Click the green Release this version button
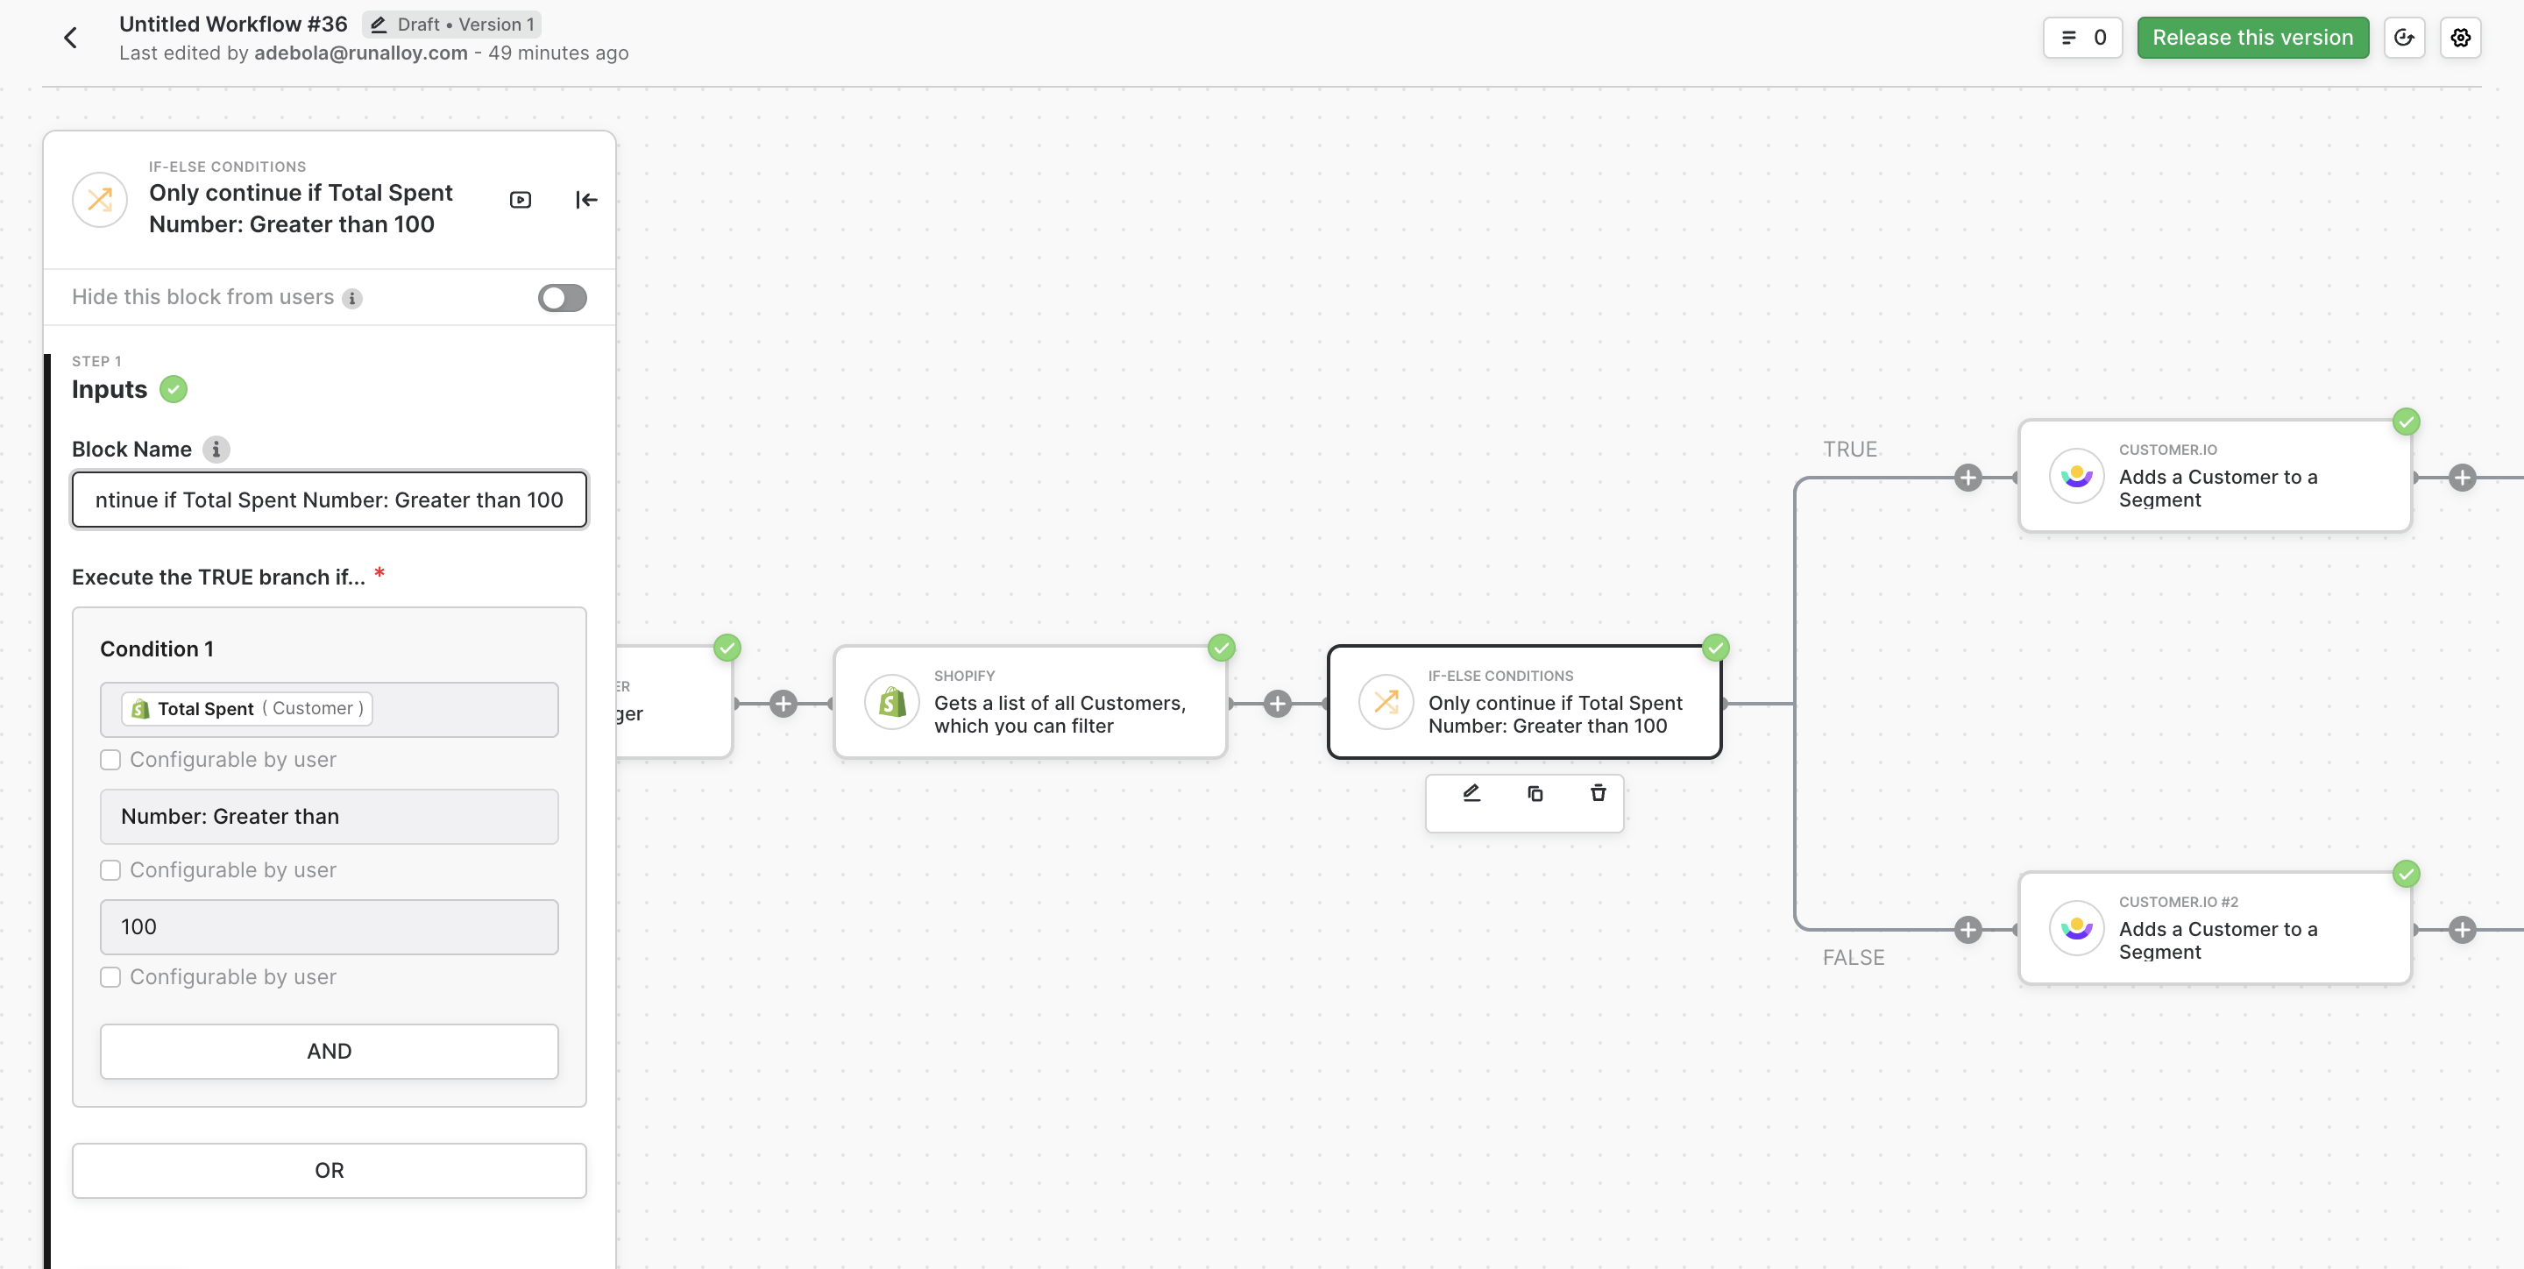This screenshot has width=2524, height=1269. (x=2251, y=37)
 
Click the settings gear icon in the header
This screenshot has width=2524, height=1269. (x=2460, y=37)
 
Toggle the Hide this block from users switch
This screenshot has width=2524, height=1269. (x=562, y=298)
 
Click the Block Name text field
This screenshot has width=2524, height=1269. (x=330, y=500)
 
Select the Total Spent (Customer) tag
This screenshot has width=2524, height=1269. (x=247, y=708)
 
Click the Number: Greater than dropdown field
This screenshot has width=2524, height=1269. (x=330, y=816)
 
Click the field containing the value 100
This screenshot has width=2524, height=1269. (x=330, y=927)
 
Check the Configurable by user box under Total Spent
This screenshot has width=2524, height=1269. (x=110, y=760)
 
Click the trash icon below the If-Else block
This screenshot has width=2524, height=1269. (x=1598, y=793)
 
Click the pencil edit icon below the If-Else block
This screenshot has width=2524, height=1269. (x=1471, y=793)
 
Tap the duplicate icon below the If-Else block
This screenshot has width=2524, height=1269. (x=1535, y=793)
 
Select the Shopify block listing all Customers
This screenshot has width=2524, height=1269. (x=1030, y=702)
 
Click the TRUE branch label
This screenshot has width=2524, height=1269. (x=1850, y=449)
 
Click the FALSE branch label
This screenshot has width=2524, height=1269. (x=1853, y=957)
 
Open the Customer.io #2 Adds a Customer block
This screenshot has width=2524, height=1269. (x=2215, y=928)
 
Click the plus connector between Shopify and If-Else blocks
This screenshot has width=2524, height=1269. (x=1277, y=704)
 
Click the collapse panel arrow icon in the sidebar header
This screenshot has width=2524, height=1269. (x=586, y=200)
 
